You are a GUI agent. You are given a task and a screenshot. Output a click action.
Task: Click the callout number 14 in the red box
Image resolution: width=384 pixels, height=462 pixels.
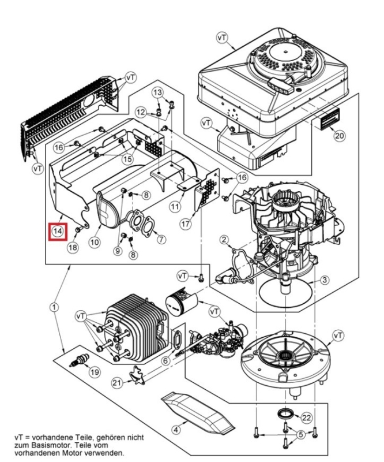pyautogui.click(x=57, y=231)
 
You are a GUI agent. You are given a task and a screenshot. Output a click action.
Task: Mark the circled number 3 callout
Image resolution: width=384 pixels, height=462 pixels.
pyautogui.click(x=325, y=280)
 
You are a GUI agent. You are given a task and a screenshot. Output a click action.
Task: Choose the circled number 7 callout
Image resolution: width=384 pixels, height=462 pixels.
pyautogui.click(x=161, y=239)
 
